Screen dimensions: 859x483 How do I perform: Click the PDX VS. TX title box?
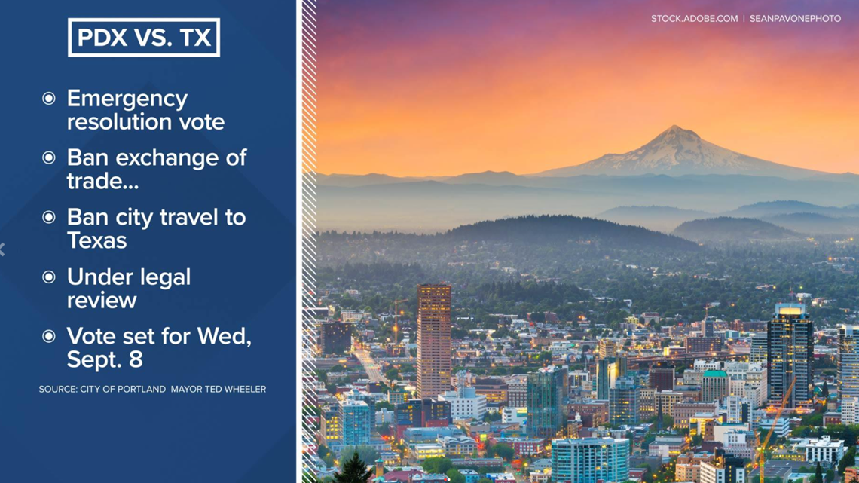coord(144,37)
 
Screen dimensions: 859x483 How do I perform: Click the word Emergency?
coord(127,99)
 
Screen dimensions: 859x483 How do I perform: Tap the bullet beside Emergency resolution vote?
coord(49,99)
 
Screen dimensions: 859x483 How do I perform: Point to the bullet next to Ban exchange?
coord(49,157)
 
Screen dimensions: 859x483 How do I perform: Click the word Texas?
coord(97,240)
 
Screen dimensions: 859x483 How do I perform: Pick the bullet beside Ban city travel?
coord(49,218)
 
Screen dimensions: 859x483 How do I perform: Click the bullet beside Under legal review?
coord(49,277)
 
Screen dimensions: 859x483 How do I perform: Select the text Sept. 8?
coord(105,359)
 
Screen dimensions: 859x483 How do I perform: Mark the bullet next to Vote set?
coord(49,336)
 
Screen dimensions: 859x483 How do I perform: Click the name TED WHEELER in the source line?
coord(238,390)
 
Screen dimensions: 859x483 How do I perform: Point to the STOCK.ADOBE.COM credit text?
coord(694,19)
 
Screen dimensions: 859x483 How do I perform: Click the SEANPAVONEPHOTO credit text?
coord(795,19)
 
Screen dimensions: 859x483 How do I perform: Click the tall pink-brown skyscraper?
coord(434,341)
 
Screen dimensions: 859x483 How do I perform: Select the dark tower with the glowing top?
coord(790,356)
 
